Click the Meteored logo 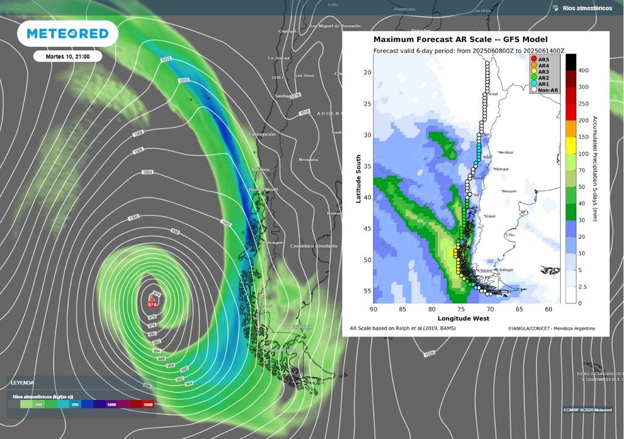[67, 34]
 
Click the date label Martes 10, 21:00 [68, 57]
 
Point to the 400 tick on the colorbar [583, 71]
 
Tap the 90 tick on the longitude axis [372, 309]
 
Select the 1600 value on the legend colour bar [147, 404]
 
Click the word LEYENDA [23, 382]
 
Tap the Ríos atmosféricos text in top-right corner [587, 8]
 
